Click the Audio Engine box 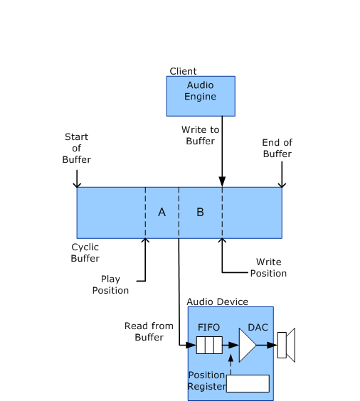(200, 96)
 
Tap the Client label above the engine (183, 71)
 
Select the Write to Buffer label (200, 135)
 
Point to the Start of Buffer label (76, 148)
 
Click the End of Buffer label (277, 148)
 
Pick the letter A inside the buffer (162, 212)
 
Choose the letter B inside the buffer (200, 212)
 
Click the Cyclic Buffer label (85, 252)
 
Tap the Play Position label (110, 284)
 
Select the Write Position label (268, 267)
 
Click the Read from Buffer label (149, 331)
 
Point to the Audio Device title (217, 301)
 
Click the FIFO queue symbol (209, 346)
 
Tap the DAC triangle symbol (247, 346)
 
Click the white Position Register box (248, 383)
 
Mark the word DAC (258, 327)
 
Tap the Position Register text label (206, 380)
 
